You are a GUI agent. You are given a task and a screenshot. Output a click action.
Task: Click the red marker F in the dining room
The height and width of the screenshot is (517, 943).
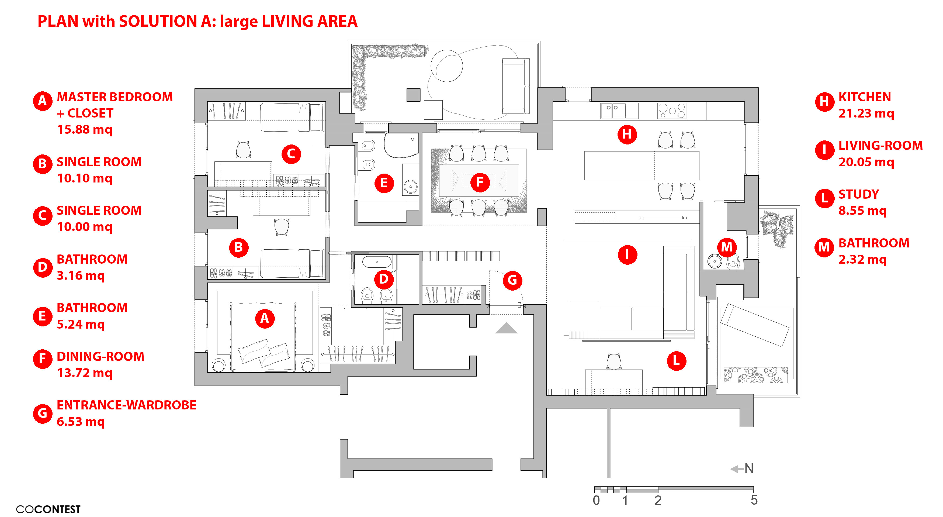[480, 182]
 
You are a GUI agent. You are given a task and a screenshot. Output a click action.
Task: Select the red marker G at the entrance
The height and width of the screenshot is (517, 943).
[512, 280]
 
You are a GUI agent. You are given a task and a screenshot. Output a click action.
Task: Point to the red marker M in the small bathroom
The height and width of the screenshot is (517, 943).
[727, 247]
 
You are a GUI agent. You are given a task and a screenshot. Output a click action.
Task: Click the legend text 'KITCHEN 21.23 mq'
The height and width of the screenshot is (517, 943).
[865, 105]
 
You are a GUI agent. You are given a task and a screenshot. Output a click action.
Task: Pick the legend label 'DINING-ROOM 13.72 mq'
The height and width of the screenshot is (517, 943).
[100, 364]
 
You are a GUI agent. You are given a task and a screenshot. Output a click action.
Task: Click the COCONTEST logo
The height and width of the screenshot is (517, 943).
[48, 509]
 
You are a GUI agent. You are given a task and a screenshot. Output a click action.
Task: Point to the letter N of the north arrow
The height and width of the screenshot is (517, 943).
[749, 468]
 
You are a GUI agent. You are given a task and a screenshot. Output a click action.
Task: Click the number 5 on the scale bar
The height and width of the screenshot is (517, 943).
[754, 500]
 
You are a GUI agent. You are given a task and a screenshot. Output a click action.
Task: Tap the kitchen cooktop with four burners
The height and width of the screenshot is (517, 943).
[671, 111]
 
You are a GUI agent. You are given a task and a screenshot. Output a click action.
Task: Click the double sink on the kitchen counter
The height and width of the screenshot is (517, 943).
[613, 111]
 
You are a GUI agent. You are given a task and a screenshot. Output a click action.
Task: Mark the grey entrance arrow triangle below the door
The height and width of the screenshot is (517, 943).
[506, 328]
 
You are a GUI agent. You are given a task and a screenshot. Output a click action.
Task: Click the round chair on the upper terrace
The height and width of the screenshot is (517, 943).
[447, 66]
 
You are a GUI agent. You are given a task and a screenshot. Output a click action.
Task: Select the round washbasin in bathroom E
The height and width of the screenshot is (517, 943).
[410, 186]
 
